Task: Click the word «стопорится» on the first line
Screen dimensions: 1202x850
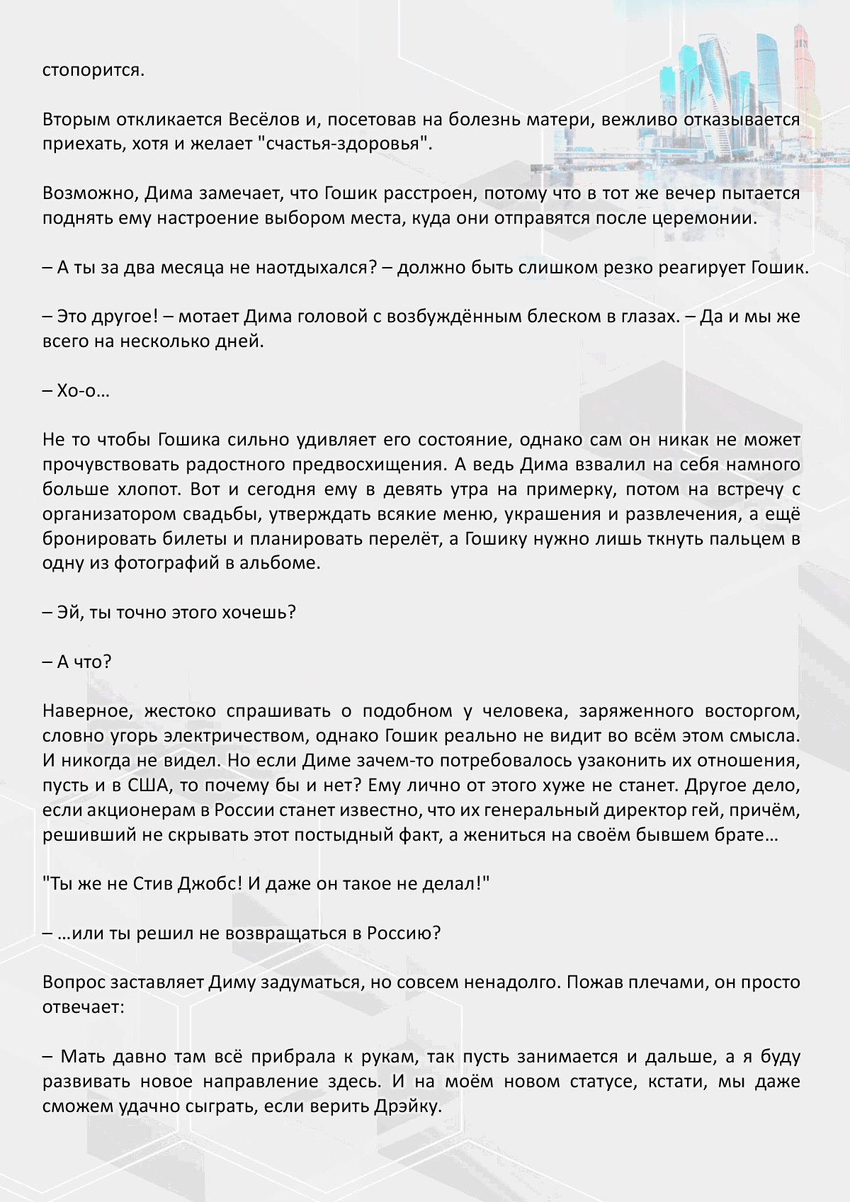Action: [93, 70]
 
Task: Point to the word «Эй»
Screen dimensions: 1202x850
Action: [68, 613]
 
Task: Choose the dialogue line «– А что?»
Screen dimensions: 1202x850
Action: [76, 662]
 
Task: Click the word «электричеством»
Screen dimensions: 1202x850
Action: [234, 736]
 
